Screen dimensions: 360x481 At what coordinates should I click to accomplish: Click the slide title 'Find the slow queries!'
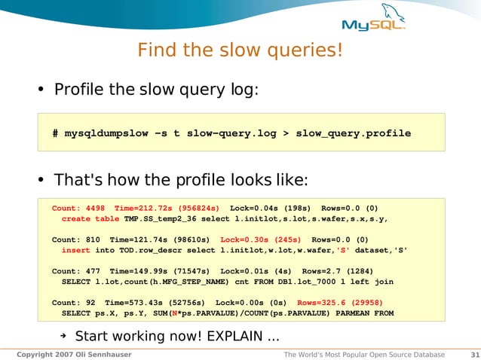pos(240,51)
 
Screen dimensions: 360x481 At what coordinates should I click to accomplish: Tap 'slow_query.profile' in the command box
pos(353,133)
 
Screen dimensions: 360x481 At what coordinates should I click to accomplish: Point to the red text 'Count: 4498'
pos(79,208)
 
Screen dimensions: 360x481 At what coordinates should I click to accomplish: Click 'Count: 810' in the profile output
pos(77,239)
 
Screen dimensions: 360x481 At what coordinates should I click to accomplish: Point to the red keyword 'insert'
pos(76,249)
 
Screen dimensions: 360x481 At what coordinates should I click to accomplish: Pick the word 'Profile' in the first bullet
pos(81,90)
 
